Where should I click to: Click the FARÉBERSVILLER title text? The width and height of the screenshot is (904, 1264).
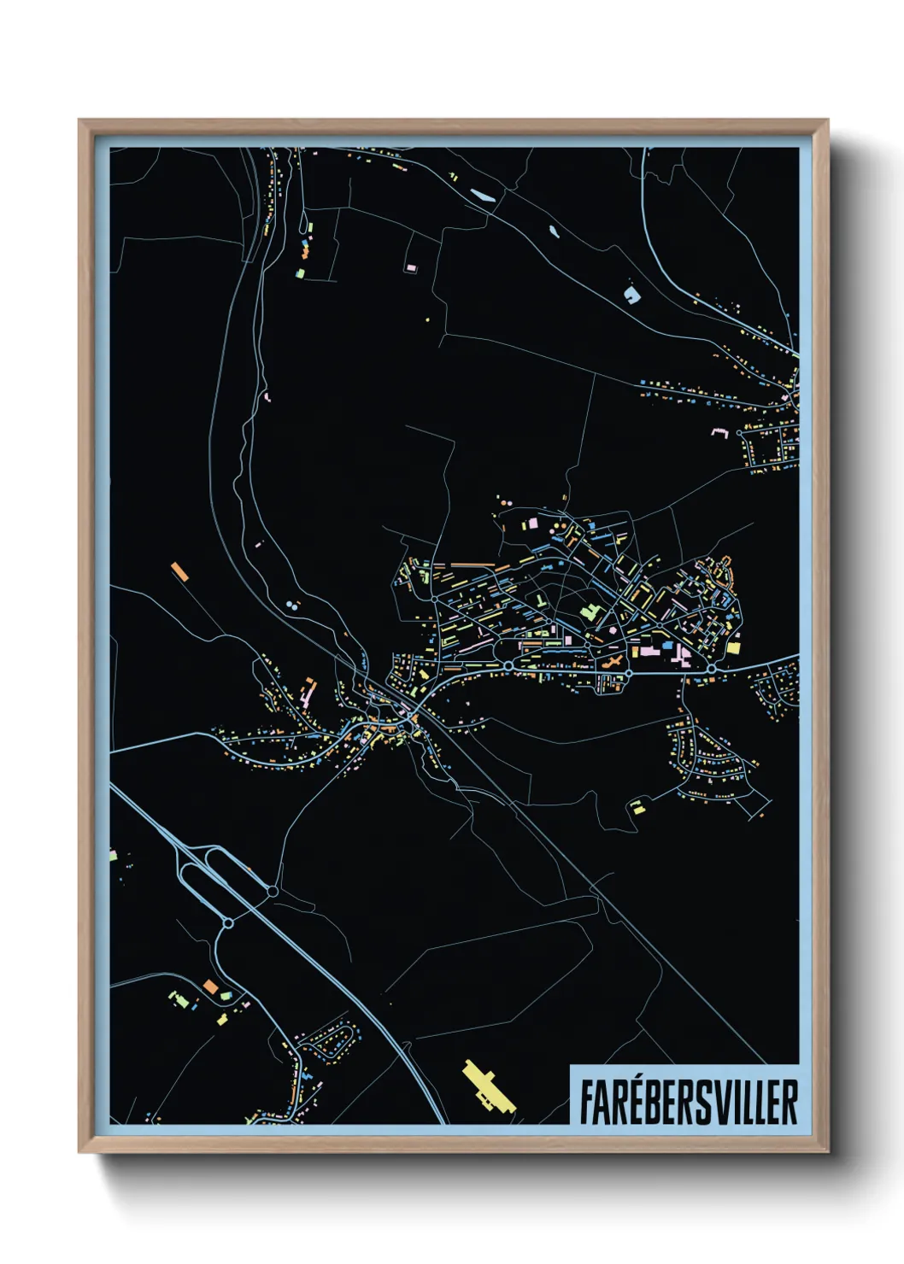689,1101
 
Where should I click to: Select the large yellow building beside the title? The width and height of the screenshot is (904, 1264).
488,1086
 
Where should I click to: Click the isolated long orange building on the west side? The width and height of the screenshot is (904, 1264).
179,571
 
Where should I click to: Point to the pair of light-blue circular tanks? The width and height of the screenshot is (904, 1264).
293,605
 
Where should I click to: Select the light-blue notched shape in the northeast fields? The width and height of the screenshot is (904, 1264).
631,295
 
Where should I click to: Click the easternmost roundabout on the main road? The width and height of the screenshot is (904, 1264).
710,668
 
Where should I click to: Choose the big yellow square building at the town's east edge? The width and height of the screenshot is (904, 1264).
733,648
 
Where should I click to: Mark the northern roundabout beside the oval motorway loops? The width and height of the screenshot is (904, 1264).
273,892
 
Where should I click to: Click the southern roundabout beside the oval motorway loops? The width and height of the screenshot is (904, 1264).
228,923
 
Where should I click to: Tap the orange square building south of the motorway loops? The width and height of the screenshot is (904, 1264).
209,986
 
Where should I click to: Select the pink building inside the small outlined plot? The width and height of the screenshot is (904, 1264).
411,268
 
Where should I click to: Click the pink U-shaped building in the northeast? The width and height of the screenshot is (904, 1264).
718,431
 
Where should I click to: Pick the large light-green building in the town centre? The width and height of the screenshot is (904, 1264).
588,612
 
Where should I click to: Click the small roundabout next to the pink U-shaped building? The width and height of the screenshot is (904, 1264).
739,433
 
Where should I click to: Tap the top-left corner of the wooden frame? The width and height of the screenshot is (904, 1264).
80,121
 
